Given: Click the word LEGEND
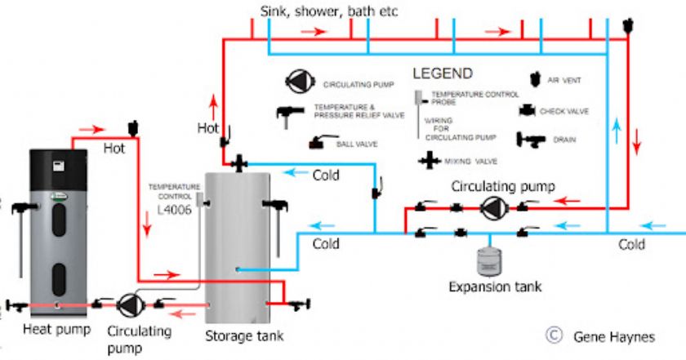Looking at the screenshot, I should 443,73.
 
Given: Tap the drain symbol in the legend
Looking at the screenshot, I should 531,140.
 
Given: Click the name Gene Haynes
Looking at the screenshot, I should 613,336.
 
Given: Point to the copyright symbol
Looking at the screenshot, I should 555,335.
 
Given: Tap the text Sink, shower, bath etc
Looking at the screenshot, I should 329,12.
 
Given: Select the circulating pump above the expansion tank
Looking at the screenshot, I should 492,208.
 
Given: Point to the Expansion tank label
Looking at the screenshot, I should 494,287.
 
